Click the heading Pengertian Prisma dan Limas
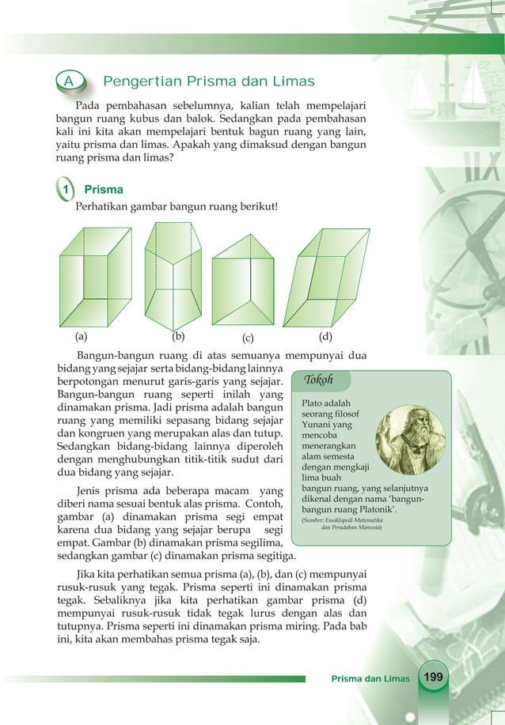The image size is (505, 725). (209, 82)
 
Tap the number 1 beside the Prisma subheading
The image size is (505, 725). (67, 190)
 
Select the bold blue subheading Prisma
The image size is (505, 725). (103, 190)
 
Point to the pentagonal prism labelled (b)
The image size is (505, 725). (172, 276)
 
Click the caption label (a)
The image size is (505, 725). (82, 334)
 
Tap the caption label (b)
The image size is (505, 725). (179, 335)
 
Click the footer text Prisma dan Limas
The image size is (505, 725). (370, 679)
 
